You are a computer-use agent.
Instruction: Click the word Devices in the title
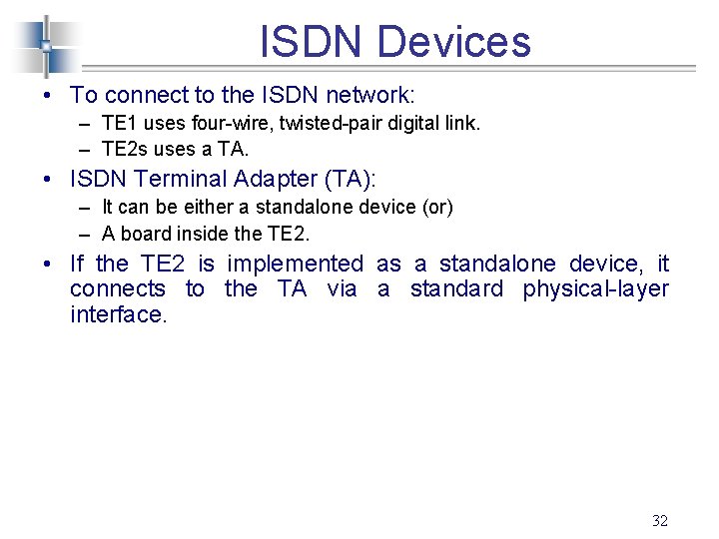pos(454,42)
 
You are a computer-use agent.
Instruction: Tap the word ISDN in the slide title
pos(313,42)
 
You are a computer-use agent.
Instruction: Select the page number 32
pos(659,520)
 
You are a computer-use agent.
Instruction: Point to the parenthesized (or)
pos(435,208)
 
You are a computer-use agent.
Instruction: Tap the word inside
pos(198,234)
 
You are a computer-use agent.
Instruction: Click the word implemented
pos(296,264)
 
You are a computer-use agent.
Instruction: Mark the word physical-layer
pos(595,288)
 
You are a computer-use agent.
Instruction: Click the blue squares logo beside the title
pos(46,45)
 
